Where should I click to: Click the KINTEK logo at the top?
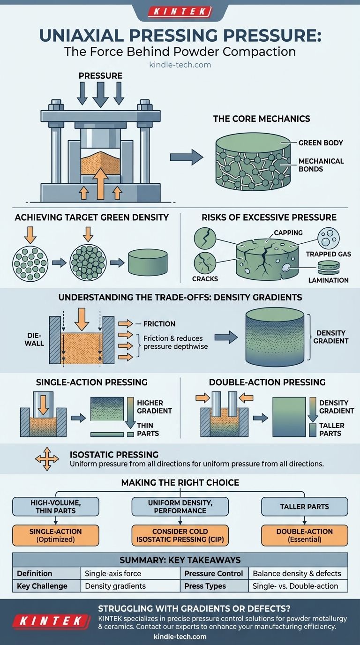pos(180,12)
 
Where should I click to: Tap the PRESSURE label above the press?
pos(101,75)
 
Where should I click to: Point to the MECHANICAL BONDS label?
pos(321,165)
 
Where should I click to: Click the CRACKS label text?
pos(205,278)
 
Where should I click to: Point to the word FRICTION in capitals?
pos(159,323)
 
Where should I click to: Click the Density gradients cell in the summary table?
pos(115,586)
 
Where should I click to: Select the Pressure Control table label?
pos(214,573)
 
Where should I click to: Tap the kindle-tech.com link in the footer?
pos(180,637)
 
